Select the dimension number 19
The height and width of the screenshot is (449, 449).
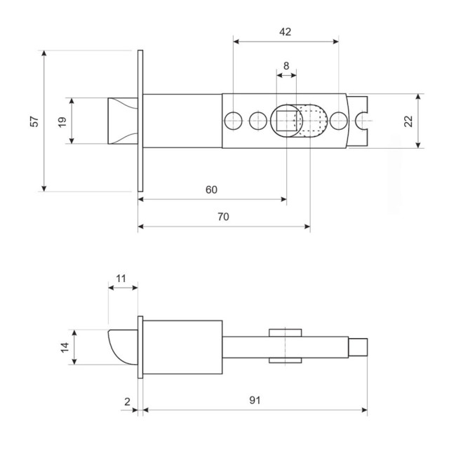[62, 121]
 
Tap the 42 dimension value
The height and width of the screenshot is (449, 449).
[285, 32]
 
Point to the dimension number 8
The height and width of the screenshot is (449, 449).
[286, 66]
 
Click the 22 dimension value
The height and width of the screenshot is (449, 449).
[408, 121]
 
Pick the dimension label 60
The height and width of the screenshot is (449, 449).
[211, 189]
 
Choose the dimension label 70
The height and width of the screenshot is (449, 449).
[223, 217]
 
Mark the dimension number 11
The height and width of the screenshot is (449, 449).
[121, 279]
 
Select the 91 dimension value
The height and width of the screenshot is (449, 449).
[255, 401]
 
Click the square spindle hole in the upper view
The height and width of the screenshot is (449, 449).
[286, 121]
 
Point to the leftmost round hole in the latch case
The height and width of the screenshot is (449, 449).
[232, 121]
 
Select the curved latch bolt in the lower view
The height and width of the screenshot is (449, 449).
[123, 347]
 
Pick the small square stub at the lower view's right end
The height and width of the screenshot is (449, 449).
[358, 347]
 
